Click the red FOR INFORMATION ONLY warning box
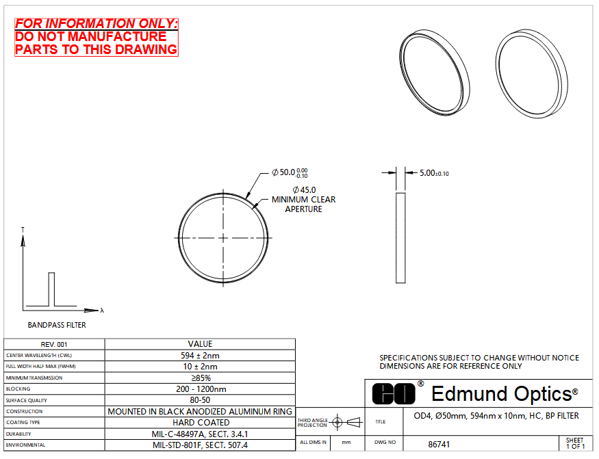(x=97, y=37)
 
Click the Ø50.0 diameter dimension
(x=290, y=172)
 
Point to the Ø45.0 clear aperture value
(x=304, y=189)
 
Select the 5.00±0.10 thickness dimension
(x=434, y=173)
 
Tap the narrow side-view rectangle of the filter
(x=400, y=238)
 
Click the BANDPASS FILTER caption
(x=57, y=325)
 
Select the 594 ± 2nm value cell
(x=200, y=356)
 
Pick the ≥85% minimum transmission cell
(x=200, y=378)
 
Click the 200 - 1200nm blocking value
(x=201, y=389)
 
